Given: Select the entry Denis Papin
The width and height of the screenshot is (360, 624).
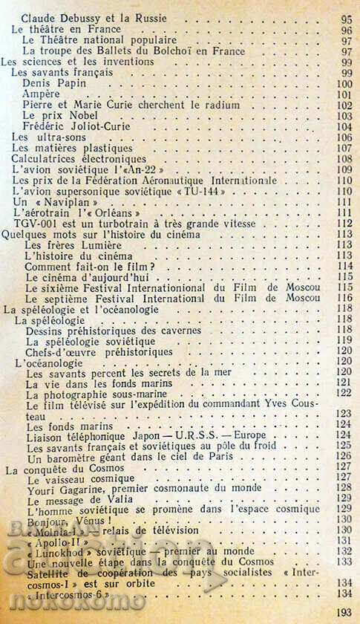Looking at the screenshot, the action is tap(55, 84).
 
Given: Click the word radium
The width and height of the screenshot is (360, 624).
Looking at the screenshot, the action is tap(220, 105).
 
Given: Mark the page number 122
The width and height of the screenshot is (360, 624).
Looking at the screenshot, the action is tap(344, 392).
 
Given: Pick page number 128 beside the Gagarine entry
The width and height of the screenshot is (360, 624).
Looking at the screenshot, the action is tap(344, 488).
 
